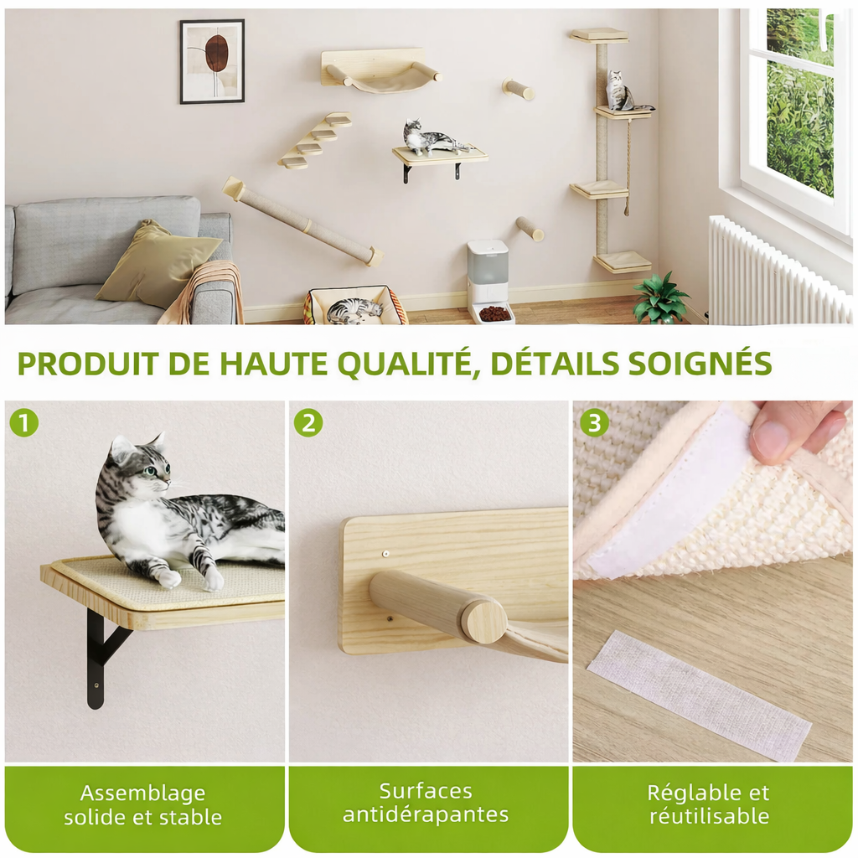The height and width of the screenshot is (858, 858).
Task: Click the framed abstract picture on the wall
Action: (212, 61)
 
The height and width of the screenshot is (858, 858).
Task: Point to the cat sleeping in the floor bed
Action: (353, 310)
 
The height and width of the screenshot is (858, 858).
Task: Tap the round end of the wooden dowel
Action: (484, 621)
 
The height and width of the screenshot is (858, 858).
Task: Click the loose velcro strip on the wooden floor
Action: (699, 695)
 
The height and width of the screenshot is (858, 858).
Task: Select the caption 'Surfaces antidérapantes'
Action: (426, 803)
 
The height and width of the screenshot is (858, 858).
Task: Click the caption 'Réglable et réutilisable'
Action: (708, 804)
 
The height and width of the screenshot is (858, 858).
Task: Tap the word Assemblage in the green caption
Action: (142, 793)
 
